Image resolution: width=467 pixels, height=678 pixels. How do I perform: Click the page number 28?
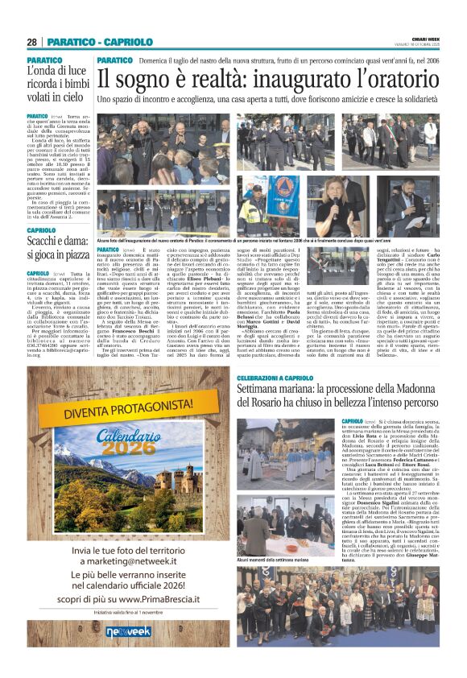[x=31, y=42]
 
